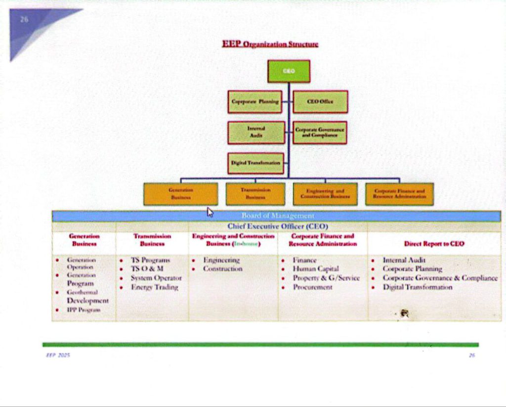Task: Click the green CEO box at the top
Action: click(289, 71)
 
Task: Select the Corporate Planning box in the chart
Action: click(255, 102)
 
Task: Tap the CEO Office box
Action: click(320, 102)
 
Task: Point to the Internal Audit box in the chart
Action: click(256, 132)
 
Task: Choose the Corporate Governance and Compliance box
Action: click(320, 132)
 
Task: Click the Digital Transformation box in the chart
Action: click(256, 163)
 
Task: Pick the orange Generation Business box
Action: click(180, 194)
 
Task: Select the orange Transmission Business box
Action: click(255, 194)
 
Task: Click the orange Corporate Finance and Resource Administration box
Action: click(399, 194)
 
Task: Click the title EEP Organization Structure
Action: click(270, 45)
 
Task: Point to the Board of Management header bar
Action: click(277, 216)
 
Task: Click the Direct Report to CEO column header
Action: click(434, 244)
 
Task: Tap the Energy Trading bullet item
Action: click(154, 287)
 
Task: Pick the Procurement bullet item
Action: click(312, 287)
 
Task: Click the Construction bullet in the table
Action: click(223, 269)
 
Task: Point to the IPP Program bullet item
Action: click(84, 310)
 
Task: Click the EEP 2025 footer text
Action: click(58, 355)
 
